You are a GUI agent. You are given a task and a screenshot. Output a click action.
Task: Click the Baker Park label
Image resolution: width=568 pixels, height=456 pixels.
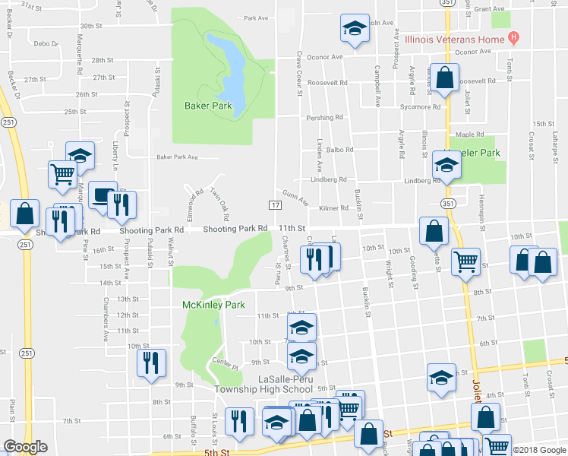click(208, 106)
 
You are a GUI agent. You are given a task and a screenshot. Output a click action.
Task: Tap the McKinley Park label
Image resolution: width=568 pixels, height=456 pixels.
click(214, 305)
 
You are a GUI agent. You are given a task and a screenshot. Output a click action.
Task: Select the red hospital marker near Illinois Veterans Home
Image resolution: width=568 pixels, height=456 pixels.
click(514, 37)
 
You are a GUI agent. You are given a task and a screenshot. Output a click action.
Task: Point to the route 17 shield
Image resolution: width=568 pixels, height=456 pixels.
click(275, 206)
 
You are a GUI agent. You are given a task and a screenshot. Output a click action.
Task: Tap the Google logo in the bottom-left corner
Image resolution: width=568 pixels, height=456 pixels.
click(25, 447)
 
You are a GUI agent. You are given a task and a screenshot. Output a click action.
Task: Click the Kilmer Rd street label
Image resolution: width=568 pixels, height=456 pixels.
click(333, 208)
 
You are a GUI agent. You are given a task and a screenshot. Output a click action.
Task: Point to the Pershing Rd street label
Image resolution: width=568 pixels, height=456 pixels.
click(324, 118)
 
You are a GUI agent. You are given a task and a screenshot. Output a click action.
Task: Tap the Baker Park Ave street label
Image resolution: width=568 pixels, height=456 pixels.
click(177, 157)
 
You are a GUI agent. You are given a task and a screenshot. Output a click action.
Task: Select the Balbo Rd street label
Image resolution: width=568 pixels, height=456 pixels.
click(340, 150)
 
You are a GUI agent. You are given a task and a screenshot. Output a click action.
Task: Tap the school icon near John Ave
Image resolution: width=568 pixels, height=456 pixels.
click(352, 28)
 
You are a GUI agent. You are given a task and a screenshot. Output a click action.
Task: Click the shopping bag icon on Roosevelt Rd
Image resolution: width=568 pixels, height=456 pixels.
click(445, 77)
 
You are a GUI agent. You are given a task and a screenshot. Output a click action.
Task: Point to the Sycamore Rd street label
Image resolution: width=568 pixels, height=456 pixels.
click(421, 107)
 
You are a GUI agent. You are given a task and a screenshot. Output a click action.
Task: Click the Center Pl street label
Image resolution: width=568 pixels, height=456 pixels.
click(226, 364)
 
